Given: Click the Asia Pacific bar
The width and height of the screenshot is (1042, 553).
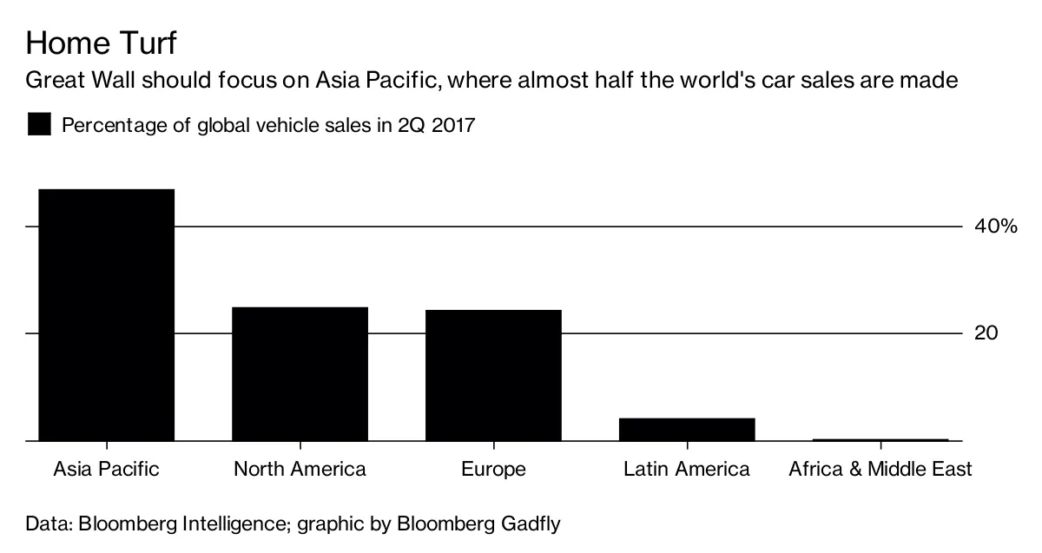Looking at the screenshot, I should (x=106, y=315).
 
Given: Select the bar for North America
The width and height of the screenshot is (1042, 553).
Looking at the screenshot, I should (x=300, y=374).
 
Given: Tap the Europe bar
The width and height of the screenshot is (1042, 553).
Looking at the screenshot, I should (x=493, y=375).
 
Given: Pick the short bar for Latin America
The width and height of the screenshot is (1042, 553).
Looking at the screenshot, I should (x=687, y=430).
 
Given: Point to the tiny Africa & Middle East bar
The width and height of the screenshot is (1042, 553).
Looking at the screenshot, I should (x=880, y=440).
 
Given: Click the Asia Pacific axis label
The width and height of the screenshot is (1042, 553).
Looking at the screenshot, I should (x=106, y=470).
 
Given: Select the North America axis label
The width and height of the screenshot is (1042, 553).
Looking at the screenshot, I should (x=300, y=470).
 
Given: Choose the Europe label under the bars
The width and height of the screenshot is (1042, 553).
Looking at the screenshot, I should (x=493, y=470).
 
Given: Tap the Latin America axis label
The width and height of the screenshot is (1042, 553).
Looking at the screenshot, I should (x=687, y=470).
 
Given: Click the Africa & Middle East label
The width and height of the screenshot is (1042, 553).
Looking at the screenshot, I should (x=880, y=470).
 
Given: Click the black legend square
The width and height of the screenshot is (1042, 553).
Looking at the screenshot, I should (x=39, y=124).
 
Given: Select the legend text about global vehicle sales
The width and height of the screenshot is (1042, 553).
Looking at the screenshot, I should (x=268, y=125).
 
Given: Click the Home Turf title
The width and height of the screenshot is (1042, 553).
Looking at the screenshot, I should (x=102, y=43).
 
